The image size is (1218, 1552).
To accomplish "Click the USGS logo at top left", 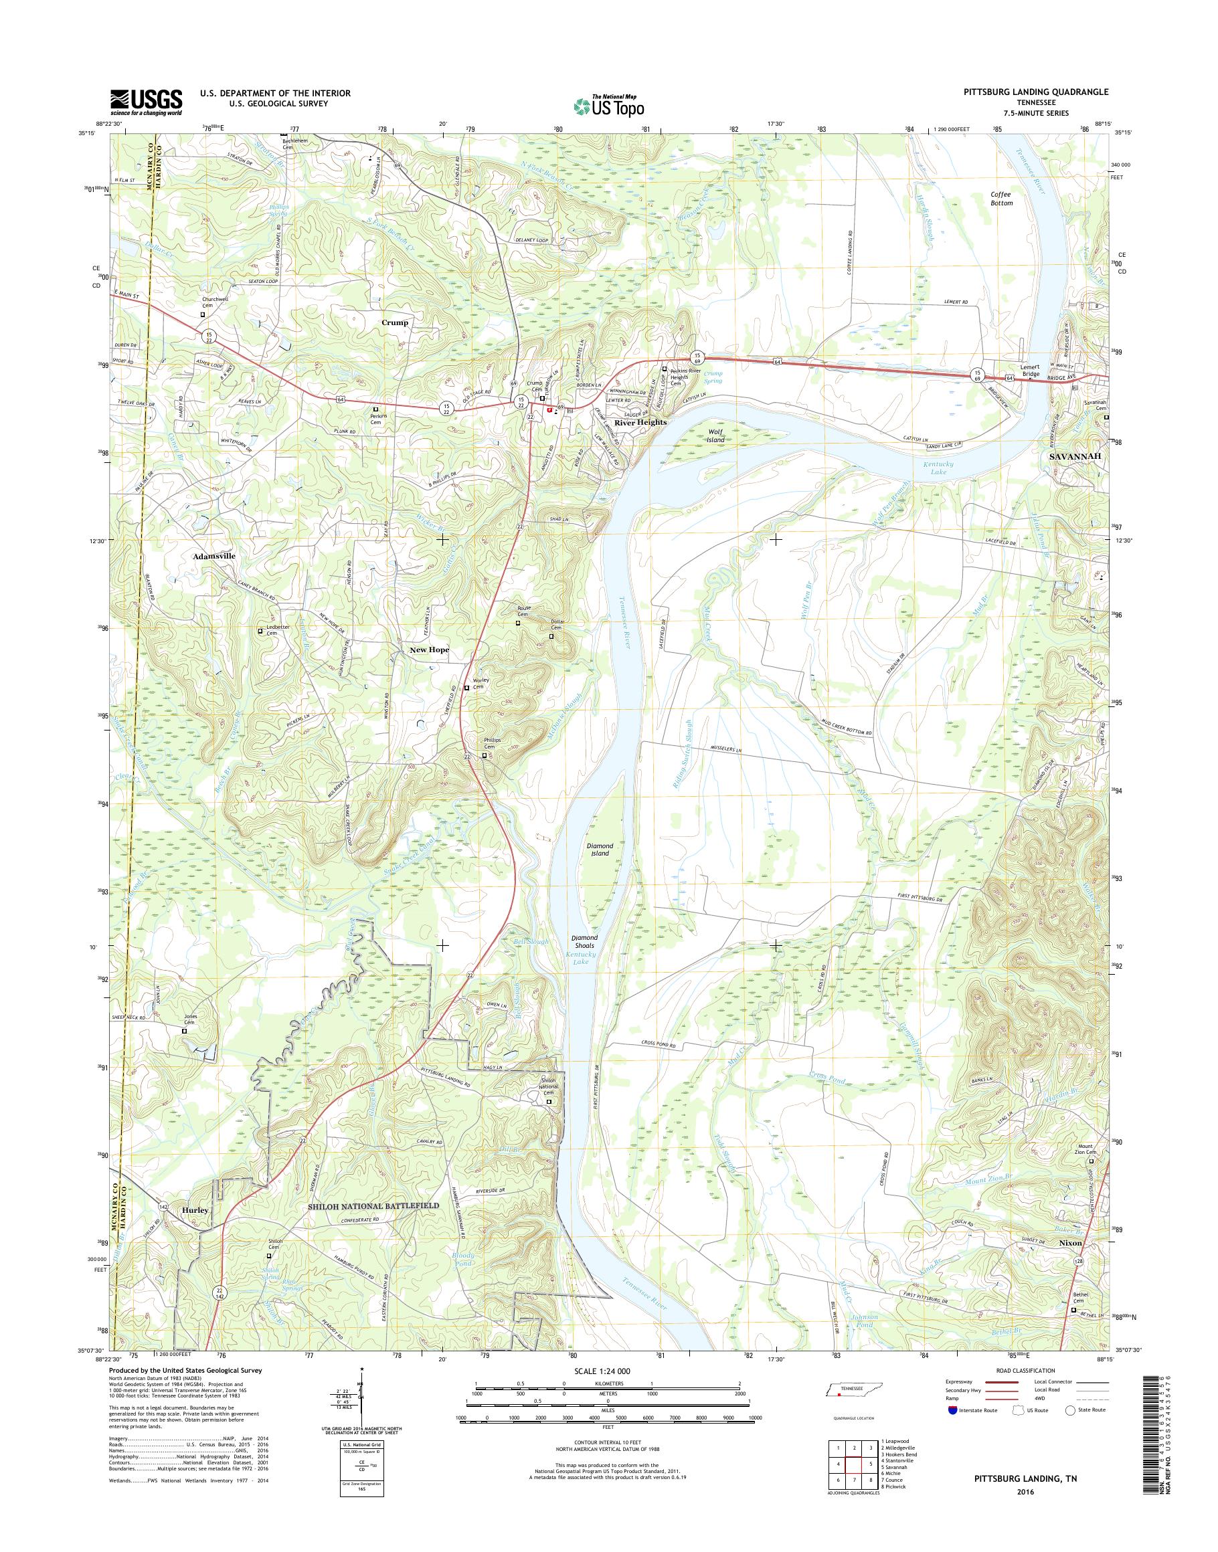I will point(146,102).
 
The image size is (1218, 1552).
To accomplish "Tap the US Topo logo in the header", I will point(609,106).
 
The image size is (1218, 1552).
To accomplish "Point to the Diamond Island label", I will point(600,849).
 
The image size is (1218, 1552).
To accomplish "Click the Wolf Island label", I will point(715,436).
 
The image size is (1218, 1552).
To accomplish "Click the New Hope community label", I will point(429,650).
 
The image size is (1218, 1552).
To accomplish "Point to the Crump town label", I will point(395,322).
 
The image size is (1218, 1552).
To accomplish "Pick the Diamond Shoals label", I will point(584,942).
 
